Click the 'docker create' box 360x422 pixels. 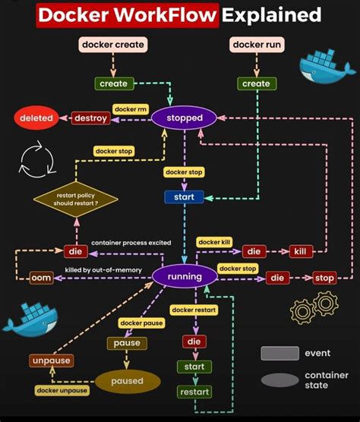click(x=114, y=45)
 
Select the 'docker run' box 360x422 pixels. click(x=256, y=45)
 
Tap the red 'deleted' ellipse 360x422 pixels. click(x=36, y=118)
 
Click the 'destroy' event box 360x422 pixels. click(x=90, y=118)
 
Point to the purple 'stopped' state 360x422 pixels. click(x=185, y=118)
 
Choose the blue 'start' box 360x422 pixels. click(x=184, y=197)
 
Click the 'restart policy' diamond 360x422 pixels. click(x=76, y=200)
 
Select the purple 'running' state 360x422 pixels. click(x=185, y=277)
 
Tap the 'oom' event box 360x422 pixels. click(x=41, y=278)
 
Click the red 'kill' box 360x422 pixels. click(x=300, y=251)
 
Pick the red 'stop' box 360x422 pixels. click(x=324, y=278)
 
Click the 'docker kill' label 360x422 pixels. click(x=215, y=242)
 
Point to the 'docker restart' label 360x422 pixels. click(x=194, y=310)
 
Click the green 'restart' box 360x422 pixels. click(x=194, y=392)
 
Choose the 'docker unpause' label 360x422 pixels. click(x=62, y=390)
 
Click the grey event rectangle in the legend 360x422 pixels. click(x=279, y=353)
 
